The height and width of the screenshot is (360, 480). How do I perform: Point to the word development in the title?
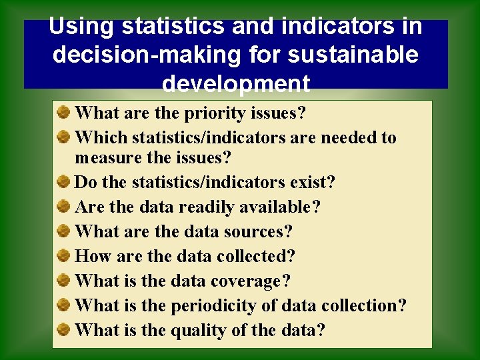(236, 84)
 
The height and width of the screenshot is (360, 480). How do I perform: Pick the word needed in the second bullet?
(351, 138)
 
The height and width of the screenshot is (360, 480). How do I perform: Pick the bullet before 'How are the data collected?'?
(64, 255)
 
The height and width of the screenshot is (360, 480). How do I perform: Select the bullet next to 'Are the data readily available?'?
(64, 206)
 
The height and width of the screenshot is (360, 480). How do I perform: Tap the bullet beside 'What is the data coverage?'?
(64, 280)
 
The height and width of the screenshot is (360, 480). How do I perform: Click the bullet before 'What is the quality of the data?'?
(64, 329)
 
